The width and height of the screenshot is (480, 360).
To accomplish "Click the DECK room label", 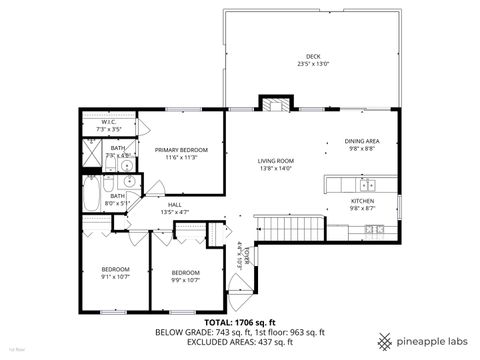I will [313, 56].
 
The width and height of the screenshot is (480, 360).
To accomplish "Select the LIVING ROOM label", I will [274, 160].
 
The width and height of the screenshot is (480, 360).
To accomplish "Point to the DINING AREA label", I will [361, 141].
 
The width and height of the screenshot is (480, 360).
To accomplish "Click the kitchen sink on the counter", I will [366, 184].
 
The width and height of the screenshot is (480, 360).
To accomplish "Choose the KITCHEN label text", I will [361, 201].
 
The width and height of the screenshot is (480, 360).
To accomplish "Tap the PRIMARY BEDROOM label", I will [181, 149].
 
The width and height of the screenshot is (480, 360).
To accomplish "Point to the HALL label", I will [174, 204].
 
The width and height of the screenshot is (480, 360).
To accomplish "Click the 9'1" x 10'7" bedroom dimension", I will [116, 277].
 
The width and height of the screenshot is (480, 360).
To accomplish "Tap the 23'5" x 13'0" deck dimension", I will [313, 64].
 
